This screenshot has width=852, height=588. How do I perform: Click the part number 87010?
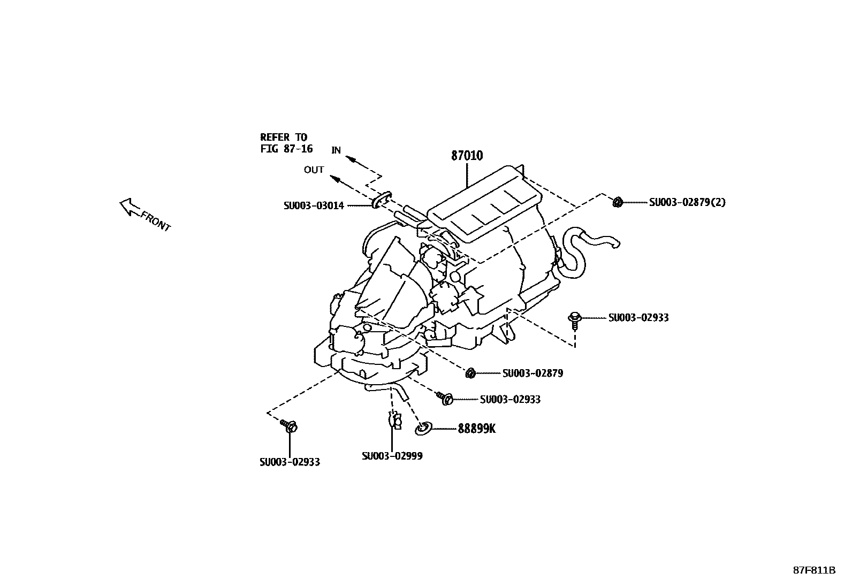(x=467, y=156)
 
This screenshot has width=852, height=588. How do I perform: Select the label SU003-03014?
(x=314, y=205)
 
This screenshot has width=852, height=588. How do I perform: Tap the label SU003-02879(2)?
(x=687, y=202)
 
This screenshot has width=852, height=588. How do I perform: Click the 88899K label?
(x=476, y=429)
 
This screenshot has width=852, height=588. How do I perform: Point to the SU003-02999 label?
(x=392, y=456)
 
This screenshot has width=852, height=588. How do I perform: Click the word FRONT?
(x=155, y=221)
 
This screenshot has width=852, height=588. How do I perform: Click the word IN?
(x=336, y=150)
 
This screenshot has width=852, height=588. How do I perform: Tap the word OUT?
(x=314, y=170)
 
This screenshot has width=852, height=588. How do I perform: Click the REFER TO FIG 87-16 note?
(x=286, y=143)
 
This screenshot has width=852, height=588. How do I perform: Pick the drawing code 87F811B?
(x=813, y=570)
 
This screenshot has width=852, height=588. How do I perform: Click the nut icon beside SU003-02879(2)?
(x=617, y=202)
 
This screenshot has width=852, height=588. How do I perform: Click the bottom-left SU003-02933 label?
(x=290, y=462)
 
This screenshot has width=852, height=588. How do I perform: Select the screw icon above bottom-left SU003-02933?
(x=289, y=426)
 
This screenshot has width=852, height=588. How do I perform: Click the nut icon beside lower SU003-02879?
(x=471, y=373)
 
